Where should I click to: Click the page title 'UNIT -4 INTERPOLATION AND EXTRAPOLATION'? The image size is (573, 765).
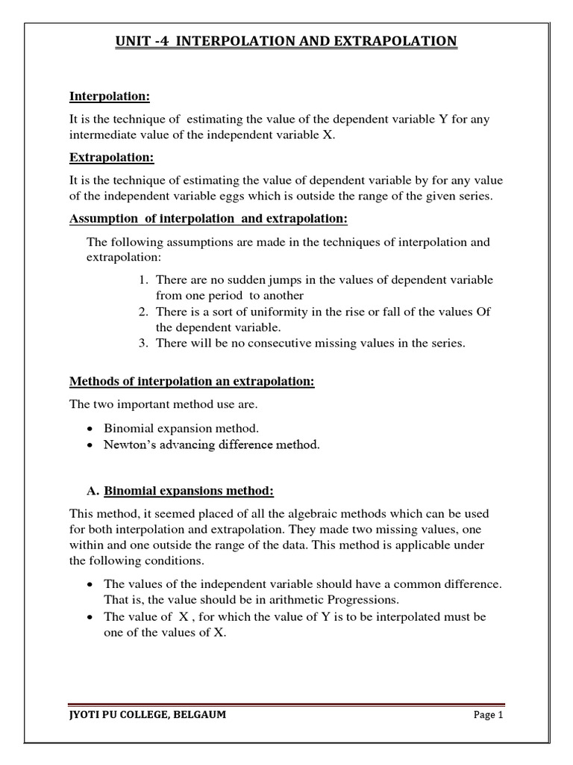pos(286,42)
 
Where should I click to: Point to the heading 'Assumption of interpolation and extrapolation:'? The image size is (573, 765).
pos(209,219)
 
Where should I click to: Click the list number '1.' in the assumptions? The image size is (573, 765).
pos(144,280)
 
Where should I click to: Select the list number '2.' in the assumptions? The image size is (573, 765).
pos(144,312)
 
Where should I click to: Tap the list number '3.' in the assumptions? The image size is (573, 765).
pos(144,343)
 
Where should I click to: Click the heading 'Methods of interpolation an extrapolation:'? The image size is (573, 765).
pos(192,382)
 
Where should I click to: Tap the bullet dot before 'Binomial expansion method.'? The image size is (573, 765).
pos(90,430)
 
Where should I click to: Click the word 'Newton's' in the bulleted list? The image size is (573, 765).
pos(133,445)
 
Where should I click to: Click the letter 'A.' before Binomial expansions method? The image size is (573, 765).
pos(93,491)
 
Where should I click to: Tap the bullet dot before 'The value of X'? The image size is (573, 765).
pos(90,616)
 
